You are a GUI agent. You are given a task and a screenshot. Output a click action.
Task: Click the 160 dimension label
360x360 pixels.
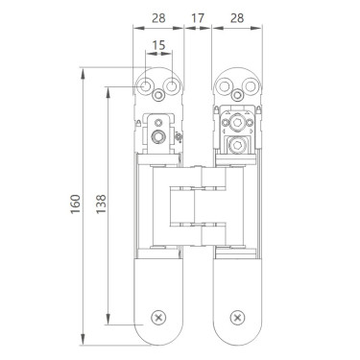click(76, 204)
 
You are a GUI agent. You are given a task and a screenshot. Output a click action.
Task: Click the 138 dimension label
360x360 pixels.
click(101, 204)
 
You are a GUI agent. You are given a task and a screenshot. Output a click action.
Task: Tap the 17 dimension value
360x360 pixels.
click(198, 18)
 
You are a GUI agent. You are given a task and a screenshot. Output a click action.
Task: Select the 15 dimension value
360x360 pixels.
click(158, 45)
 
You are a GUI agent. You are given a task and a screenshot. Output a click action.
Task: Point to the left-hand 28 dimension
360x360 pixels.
click(158, 18)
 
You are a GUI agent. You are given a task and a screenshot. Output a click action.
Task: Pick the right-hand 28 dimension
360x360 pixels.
click(237, 18)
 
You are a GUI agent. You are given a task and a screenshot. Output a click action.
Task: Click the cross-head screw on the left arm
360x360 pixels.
click(158, 318)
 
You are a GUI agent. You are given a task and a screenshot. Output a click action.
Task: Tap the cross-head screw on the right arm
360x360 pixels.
click(237, 318)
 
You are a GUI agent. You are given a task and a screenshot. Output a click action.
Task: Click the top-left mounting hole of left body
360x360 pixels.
click(146, 86)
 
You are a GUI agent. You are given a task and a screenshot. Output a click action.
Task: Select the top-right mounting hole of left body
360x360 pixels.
click(172, 86)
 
